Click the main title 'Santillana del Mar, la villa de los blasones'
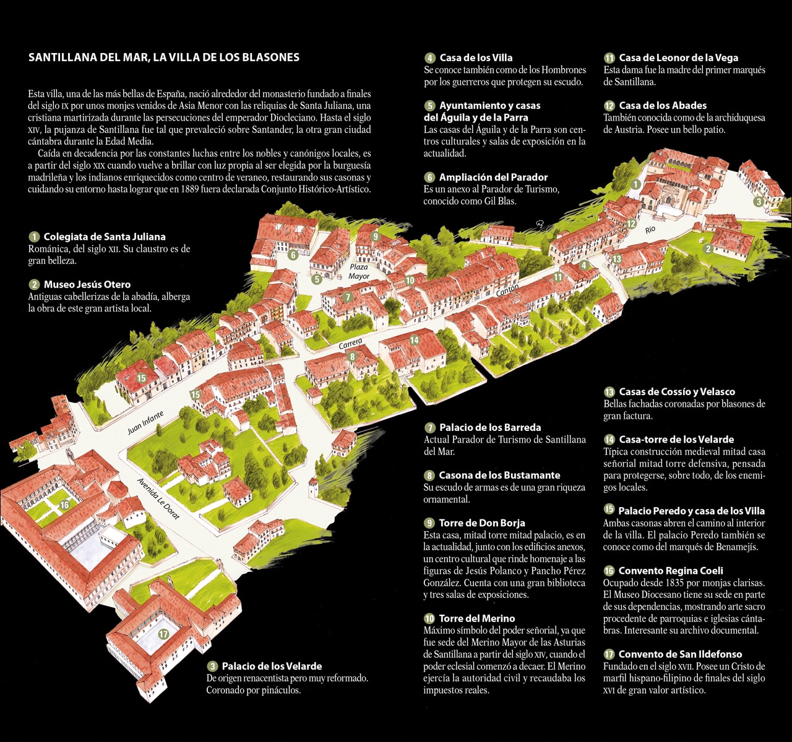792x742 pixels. [x=164, y=58]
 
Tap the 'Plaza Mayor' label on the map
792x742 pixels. [x=359, y=271]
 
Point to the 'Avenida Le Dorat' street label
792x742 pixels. [x=158, y=498]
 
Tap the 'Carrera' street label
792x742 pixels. [x=350, y=344]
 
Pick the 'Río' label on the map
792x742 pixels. [x=650, y=229]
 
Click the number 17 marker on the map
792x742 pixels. [x=163, y=634]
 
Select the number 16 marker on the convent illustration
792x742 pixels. [x=64, y=505]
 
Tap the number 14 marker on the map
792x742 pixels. [x=414, y=340]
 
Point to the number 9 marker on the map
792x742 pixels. [x=375, y=236]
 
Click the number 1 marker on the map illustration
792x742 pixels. [x=635, y=184]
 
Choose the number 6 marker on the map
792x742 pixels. [x=293, y=253]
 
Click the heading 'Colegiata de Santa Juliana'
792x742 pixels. [x=104, y=237]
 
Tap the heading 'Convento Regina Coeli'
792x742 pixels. [x=671, y=571]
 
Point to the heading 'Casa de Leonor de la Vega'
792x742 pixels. [x=678, y=58]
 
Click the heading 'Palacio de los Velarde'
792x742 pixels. [x=272, y=666]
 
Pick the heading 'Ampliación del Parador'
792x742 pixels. [x=493, y=177]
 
